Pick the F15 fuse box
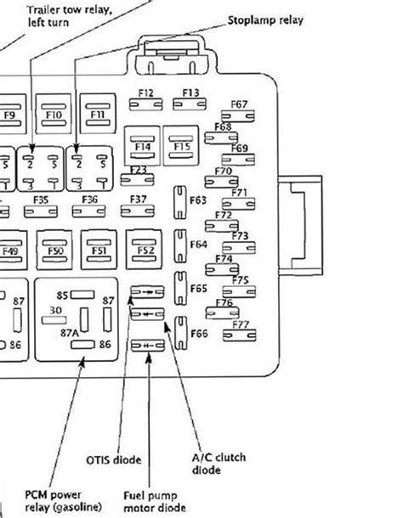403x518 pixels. click(x=181, y=146)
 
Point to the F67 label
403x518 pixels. click(x=240, y=104)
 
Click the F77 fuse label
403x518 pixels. click(x=240, y=324)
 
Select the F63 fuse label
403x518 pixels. click(x=198, y=200)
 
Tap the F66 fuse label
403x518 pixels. click(x=198, y=334)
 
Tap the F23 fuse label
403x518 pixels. click(x=139, y=169)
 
